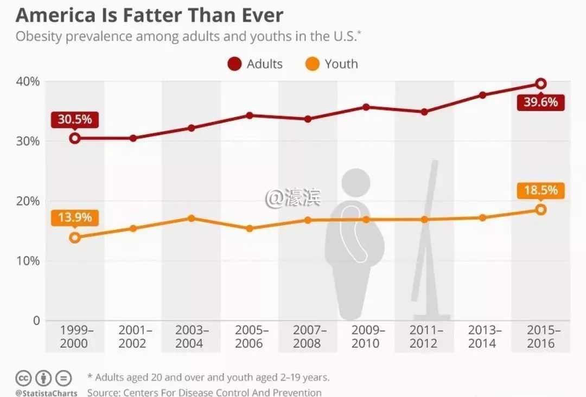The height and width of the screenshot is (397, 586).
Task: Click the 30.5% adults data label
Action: click(75, 119)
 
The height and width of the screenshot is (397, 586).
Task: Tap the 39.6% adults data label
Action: click(540, 102)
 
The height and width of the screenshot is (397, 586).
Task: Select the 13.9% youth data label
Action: click(75, 217)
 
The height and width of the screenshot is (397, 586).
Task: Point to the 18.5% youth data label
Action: click(540, 190)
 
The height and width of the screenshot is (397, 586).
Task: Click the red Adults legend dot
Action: click(234, 65)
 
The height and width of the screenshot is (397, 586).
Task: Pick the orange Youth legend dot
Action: click(312, 65)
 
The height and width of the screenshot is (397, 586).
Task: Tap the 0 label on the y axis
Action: click(36, 321)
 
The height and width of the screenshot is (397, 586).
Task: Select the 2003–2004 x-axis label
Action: click(192, 337)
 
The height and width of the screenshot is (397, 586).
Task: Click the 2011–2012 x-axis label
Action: click(424, 337)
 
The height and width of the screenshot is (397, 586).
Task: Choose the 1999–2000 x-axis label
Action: click(75, 337)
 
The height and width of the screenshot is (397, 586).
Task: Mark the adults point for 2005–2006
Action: click(250, 116)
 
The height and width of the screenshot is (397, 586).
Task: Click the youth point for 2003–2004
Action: click(192, 218)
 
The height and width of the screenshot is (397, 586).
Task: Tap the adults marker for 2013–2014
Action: click(482, 95)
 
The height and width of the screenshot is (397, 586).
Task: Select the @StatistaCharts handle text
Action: click(46, 393)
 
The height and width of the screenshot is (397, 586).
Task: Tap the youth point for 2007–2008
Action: click(308, 220)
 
